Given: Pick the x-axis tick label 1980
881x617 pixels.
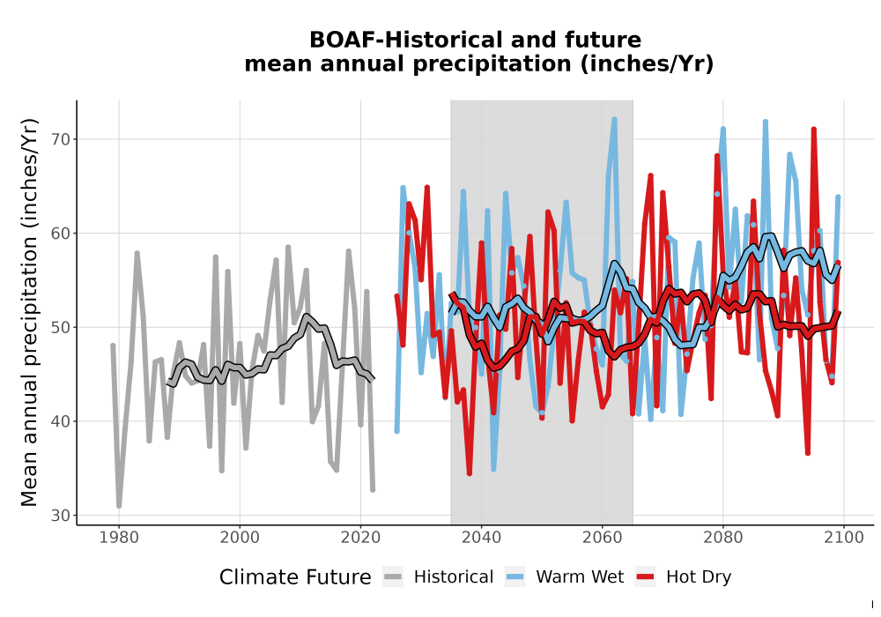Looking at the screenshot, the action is point(119,538).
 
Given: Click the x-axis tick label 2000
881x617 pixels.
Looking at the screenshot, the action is point(240,538).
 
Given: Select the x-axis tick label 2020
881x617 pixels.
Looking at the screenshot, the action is point(360,538).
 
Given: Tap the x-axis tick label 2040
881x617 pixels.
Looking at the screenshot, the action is point(482,538).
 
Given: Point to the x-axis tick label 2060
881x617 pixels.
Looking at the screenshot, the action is point(603,538).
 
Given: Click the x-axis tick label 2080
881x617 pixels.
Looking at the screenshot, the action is point(723,538).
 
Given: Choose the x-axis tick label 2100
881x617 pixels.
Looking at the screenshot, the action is point(844,538).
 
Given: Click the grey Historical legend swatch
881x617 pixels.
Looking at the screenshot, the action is point(393,577).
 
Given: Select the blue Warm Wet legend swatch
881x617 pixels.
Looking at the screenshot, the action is point(515,577).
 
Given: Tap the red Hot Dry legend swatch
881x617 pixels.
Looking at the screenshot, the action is point(646,577).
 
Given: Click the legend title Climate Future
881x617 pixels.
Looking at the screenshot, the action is point(295,577).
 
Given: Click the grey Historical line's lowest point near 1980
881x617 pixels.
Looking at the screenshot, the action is point(119,506).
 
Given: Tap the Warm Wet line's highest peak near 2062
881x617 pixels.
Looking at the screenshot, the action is point(614,119).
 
